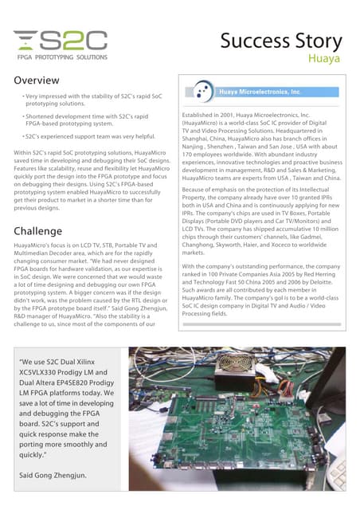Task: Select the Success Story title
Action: click(280, 41)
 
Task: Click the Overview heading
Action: click(37, 80)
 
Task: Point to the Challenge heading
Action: click(38, 231)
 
